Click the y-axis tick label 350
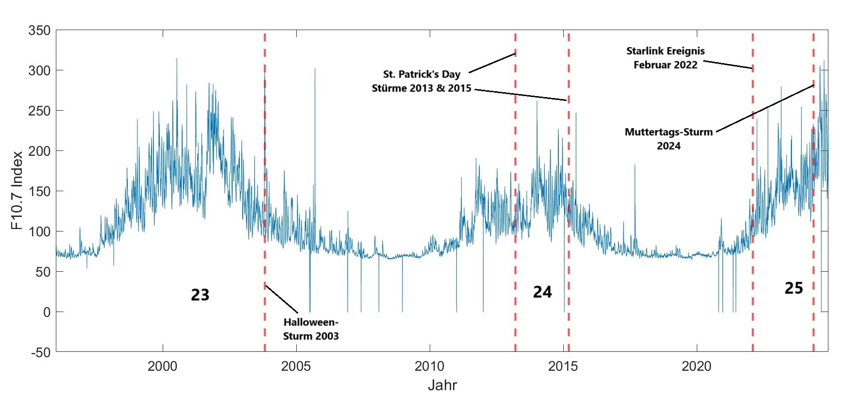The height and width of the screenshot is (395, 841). (39, 31)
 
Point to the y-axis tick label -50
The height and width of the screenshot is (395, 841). (39, 352)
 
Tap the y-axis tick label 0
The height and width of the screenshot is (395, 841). (47, 312)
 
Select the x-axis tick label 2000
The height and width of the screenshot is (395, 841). (163, 366)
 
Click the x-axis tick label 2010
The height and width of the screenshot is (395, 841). (430, 366)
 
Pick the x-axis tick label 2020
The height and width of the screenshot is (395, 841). (697, 366)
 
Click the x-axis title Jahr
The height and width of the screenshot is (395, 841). (442, 385)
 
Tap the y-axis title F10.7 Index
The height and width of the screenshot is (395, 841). (17, 190)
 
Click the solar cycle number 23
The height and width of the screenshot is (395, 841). (200, 295)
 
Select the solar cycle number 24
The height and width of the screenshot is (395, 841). (542, 292)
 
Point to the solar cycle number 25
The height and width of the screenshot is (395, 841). (794, 288)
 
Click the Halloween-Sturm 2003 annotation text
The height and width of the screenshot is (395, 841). (311, 329)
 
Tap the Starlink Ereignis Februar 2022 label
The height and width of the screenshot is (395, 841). (665, 58)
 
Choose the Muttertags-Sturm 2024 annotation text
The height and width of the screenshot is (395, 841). (669, 139)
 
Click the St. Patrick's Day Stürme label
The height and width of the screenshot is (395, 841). (421, 81)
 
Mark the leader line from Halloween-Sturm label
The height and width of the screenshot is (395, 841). (282, 299)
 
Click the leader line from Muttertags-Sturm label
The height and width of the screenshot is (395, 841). (765, 108)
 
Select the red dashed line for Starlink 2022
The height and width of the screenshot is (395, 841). (753, 194)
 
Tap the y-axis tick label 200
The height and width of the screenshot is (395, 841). (39, 151)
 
